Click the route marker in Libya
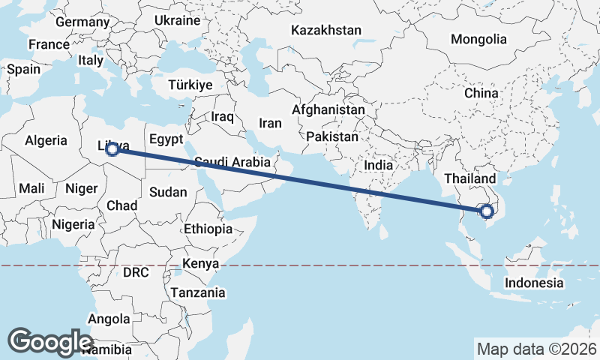click(112, 150)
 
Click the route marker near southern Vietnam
click(488, 211)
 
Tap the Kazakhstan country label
click(326, 31)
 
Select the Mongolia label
click(478, 39)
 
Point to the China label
click(481, 93)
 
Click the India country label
click(379, 164)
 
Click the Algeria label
click(46, 140)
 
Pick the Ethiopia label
click(208, 229)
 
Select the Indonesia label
click(533, 283)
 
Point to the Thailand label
click(470, 178)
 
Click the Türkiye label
click(190, 85)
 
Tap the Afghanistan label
click(328, 109)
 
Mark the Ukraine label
click(177, 20)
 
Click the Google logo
click(50, 341)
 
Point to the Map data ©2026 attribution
click(536, 349)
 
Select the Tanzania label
click(199, 292)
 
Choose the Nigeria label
click(73, 223)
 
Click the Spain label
click(23, 69)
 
